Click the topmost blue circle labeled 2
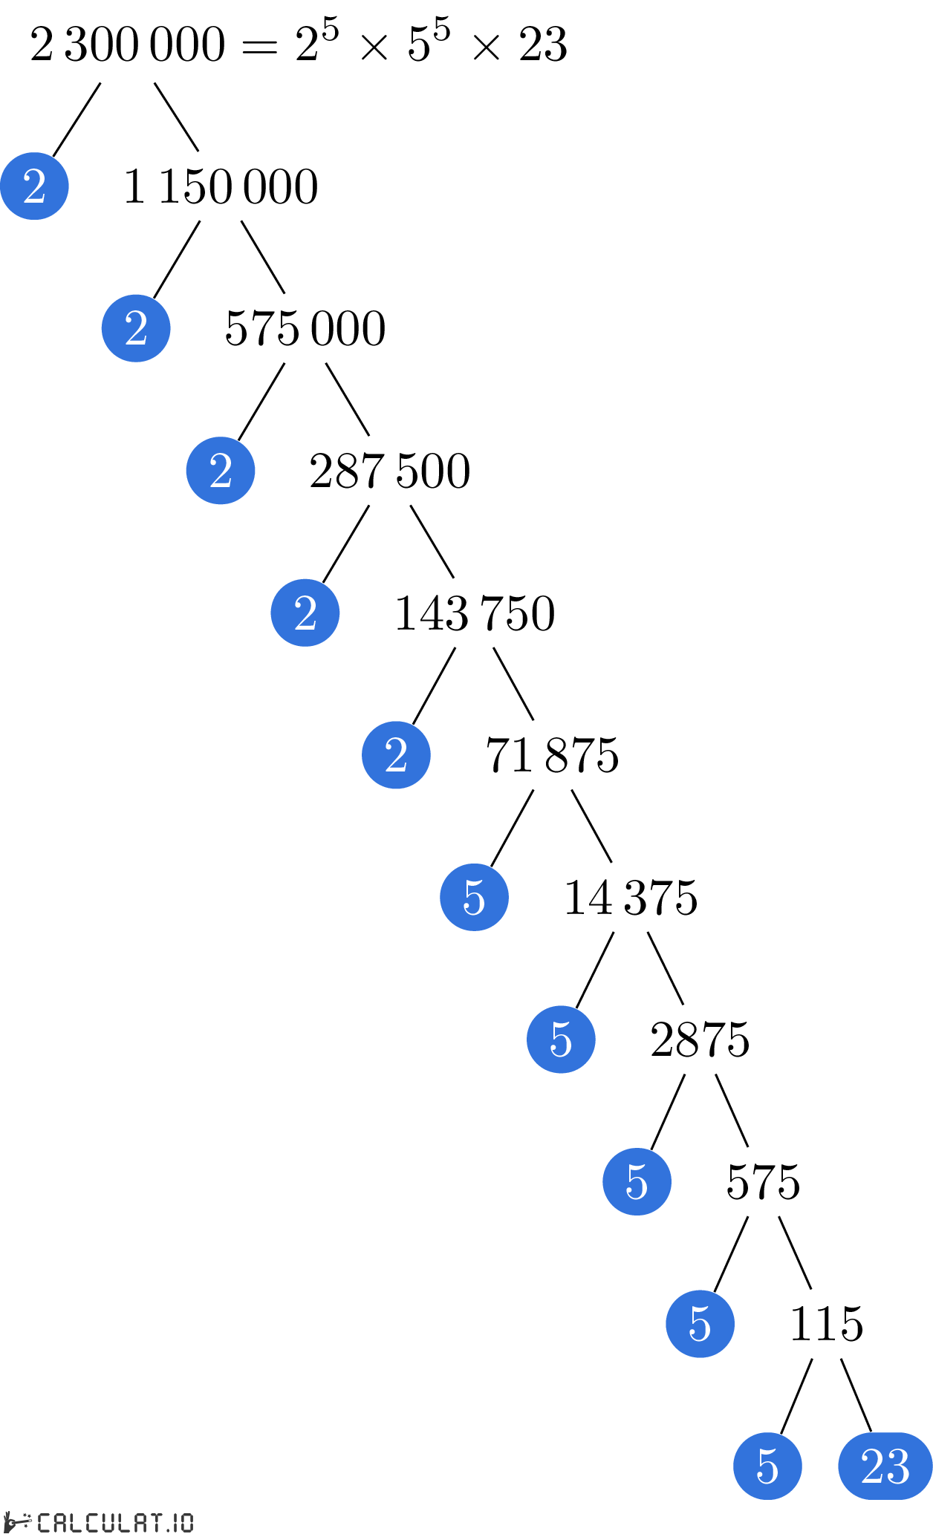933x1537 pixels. click(34, 186)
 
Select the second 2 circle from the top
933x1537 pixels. click(136, 328)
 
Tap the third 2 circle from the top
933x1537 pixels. click(221, 471)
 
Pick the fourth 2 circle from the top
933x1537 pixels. click(305, 613)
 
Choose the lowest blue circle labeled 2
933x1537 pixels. click(396, 755)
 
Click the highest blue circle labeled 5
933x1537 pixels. click(474, 897)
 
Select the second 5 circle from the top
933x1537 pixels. click(561, 1040)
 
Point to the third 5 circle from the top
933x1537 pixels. click(637, 1181)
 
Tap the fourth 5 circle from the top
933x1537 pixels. click(700, 1324)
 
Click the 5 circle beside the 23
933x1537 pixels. click(767, 1466)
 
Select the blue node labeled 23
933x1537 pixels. click(885, 1466)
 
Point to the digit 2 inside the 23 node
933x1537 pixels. click(873, 1466)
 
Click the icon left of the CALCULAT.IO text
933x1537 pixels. click(18, 1522)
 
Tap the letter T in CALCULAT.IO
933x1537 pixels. click(156, 1522)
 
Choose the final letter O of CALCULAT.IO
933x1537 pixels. click(186, 1522)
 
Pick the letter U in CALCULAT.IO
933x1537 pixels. click(108, 1522)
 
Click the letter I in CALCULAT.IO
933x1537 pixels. click(176, 1522)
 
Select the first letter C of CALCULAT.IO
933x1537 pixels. click(45, 1522)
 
